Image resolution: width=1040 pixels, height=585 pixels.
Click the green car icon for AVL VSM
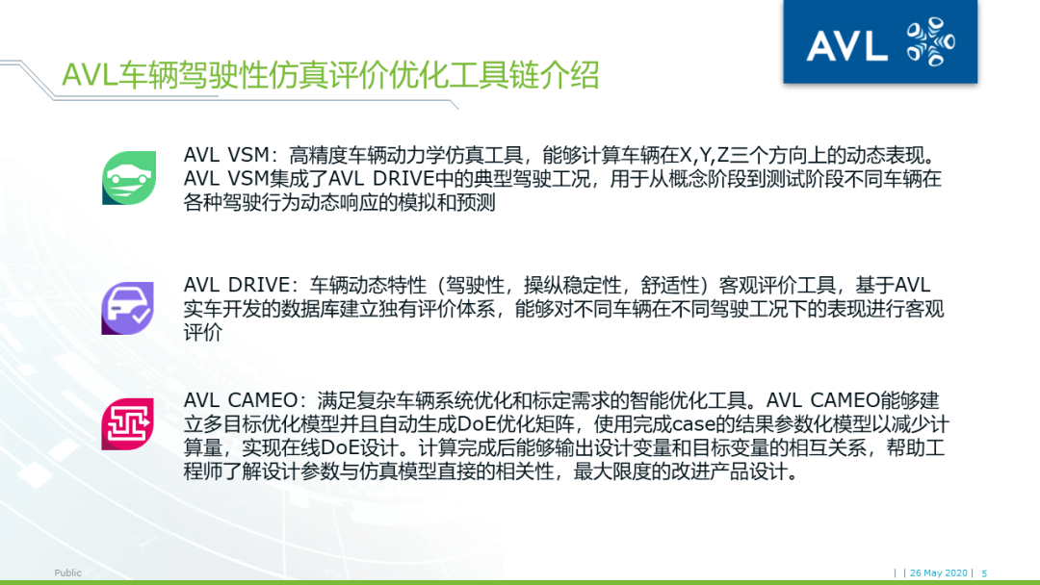coord(129,178)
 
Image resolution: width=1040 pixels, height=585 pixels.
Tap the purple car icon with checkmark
coord(128,308)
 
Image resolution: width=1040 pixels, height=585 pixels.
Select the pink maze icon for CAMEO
coord(128,424)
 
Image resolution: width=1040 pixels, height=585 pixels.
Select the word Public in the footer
coord(67,572)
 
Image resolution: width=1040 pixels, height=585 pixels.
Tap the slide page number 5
coord(984,572)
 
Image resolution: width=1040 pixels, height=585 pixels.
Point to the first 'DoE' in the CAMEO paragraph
coord(477,424)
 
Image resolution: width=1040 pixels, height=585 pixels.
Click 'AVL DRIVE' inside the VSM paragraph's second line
coord(400,179)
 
